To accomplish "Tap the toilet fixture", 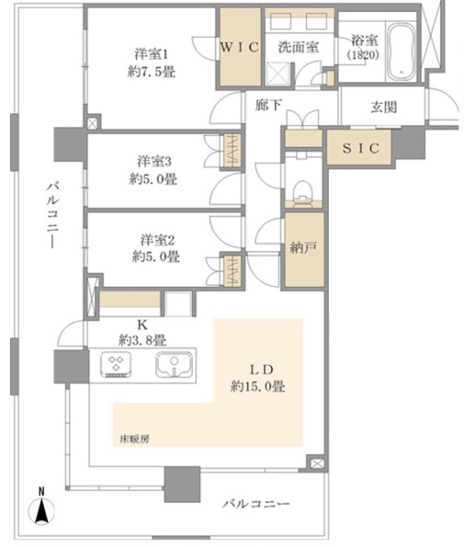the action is (x=302, y=193).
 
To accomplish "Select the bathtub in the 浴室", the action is (x=401, y=51).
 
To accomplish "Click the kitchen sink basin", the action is (x=174, y=365).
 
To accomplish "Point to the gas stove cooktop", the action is (x=116, y=365).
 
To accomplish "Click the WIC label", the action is (x=240, y=48).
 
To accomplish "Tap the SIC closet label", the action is (x=360, y=148).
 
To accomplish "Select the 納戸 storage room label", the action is (x=303, y=247).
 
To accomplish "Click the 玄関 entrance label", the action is (x=383, y=107).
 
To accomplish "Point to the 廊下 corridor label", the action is (x=268, y=105).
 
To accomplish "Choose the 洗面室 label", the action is (x=299, y=48).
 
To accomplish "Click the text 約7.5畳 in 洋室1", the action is (x=152, y=73).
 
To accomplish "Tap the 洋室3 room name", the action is (x=154, y=162).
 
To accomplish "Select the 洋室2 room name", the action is (x=157, y=240).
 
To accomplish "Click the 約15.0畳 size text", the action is (x=257, y=386).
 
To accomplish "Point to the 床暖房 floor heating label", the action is (x=134, y=439).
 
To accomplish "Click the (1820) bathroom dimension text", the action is (x=363, y=55).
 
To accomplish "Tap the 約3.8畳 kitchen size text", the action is (x=142, y=340).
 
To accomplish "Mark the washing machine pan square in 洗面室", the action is (x=277, y=74).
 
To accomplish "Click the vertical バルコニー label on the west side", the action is (x=52, y=214).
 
